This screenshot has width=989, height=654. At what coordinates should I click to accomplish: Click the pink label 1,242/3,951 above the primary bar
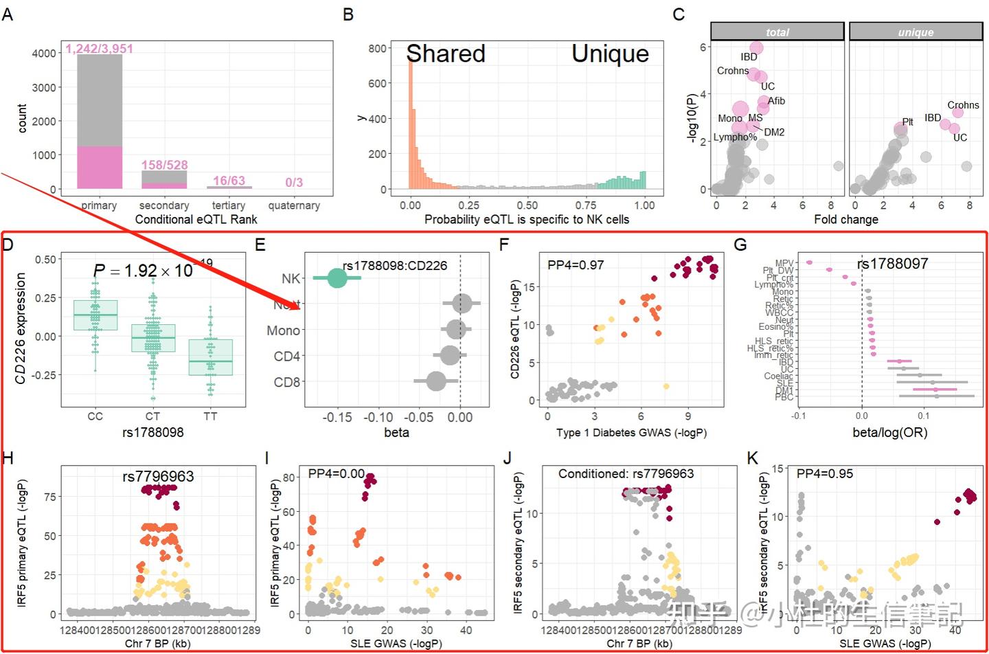tap(100, 49)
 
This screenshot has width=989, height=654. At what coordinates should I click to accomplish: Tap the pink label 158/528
tap(164, 165)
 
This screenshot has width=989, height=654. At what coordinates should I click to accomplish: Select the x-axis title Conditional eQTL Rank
tap(196, 219)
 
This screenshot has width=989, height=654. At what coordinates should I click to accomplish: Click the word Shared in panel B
tap(446, 54)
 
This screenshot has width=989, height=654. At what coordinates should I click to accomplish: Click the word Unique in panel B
tap(610, 54)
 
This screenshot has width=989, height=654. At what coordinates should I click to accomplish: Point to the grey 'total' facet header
tap(777, 32)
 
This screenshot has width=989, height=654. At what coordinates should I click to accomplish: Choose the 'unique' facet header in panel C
tap(916, 32)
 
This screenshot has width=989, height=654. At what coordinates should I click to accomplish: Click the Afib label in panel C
tap(776, 101)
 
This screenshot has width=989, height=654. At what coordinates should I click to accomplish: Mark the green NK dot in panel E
tap(337, 278)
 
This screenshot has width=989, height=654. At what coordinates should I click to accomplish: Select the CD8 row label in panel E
tap(287, 382)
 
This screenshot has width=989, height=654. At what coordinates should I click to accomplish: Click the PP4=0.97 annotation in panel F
tap(576, 265)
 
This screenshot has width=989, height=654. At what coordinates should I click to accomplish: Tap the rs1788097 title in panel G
tap(892, 264)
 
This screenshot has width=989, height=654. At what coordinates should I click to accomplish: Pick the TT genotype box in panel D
tap(210, 357)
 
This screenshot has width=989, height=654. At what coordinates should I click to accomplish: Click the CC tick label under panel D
tap(95, 416)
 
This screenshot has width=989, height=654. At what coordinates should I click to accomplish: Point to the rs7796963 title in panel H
tap(158, 476)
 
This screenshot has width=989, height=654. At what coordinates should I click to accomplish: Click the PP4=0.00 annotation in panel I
tap(337, 474)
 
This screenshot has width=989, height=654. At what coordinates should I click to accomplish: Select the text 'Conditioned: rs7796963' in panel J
tap(626, 474)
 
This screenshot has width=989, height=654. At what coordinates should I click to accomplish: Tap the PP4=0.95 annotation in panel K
tap(825, 474)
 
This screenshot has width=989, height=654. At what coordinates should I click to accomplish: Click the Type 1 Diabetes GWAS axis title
tap(631, 433)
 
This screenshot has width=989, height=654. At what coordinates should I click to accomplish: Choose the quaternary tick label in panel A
tap(294, 205)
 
